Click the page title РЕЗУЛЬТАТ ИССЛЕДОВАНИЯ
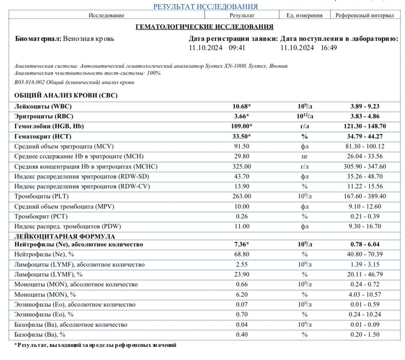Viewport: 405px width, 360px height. point(205,6)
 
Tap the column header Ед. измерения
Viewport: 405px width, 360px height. point(304,15)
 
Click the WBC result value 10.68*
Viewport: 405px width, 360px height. point(242,106)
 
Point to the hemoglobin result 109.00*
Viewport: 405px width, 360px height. point(242,126)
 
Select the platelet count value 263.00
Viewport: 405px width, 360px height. point(243,196)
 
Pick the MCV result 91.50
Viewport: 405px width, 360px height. point(243,146)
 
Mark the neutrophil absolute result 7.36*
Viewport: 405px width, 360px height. point(242,244)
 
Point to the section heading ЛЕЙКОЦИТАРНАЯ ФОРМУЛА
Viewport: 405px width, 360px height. point(65,236)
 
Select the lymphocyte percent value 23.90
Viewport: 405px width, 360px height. point(243,274)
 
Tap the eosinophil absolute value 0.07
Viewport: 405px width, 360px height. point(243,304)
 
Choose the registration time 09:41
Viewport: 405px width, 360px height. point(237,47)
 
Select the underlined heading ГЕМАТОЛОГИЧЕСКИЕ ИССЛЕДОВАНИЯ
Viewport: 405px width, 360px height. point(204,27)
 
